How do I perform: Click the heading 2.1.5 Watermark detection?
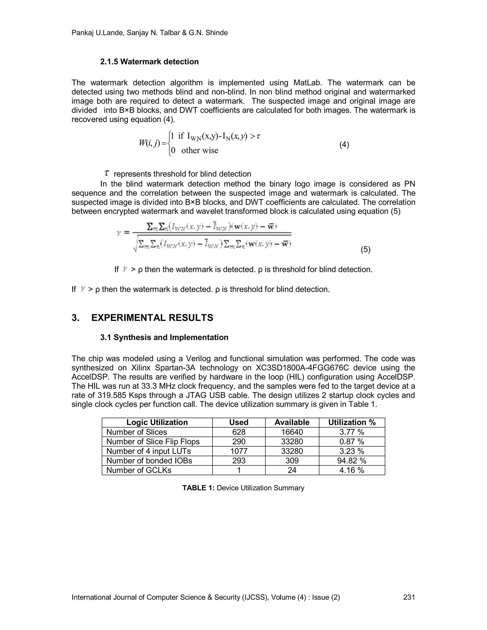(x=149, y=62)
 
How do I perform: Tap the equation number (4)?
(x=344, y=145)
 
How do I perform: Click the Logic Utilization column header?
(x=157, y=422)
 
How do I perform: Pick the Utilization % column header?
(x=352, y=422)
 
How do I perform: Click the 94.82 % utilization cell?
(x=352, y=461)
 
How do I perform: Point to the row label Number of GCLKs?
(x=139, y=470)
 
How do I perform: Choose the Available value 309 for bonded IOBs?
(x=292, y=461)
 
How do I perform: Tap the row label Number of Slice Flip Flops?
(x=153, y=442)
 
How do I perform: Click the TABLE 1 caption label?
(x=199, y=488)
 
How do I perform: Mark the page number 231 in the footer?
(x=409, y=597)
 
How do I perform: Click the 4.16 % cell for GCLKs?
(x=352, y=470)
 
